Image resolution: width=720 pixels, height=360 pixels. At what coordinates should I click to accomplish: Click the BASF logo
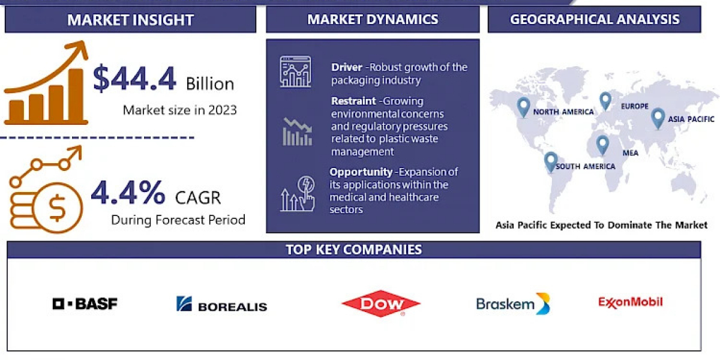[x=85, y=304]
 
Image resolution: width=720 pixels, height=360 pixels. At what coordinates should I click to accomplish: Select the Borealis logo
[x=222, y=304]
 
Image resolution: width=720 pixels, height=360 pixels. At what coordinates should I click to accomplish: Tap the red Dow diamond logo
[x=381, y=304]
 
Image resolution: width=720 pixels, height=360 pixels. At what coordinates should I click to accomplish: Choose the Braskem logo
[x=513, y=304]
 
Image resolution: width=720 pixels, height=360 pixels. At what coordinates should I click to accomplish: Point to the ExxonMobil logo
[x=631, y=302]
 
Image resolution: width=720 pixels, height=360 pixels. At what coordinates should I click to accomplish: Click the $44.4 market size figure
[x=134, y=78]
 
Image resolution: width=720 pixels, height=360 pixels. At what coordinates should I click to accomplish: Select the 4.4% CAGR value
[x=128, y=192]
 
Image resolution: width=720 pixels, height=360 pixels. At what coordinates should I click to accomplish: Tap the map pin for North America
[x=523, y=107]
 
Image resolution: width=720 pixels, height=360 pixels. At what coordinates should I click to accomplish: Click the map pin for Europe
[x=605, y=101]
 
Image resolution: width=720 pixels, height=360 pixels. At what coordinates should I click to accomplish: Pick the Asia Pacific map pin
[x=658, y=118]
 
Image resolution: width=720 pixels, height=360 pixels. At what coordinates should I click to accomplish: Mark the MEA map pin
[x=602, y=145]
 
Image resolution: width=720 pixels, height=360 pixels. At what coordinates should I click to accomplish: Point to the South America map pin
[x=551, y=161]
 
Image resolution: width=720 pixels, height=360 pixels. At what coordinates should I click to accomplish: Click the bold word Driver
[x=347, y=67]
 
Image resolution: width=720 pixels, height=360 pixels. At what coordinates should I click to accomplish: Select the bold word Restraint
[x=353, y=101]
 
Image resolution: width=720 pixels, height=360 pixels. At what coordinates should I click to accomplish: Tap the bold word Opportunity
[x=361, y=172]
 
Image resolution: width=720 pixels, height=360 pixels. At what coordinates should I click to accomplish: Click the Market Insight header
[x=131, y=20]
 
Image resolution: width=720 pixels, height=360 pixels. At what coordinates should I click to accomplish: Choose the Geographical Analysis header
[x=595, y=19]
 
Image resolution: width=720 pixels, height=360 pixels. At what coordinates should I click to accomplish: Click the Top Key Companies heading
[x=353, y=250]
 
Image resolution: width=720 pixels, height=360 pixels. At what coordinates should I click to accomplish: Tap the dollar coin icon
[x=58, y=208]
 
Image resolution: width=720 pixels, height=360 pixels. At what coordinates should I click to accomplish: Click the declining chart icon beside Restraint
[x=298, y=132]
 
